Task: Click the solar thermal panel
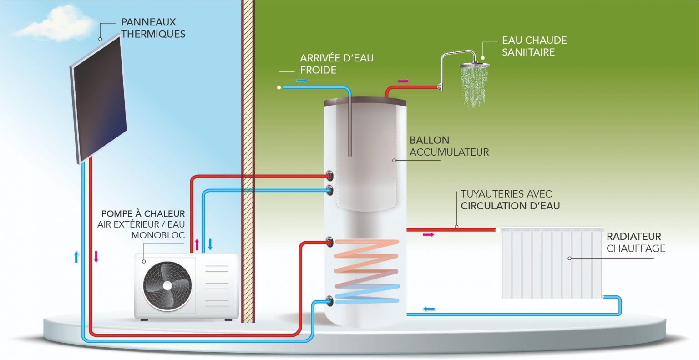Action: [99, 100]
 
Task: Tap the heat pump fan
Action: [167, 285]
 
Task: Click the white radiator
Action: [552, 263]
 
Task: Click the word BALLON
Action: [429, 140]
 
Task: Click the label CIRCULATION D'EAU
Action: [510, 206]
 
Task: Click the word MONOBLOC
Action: [158, 235]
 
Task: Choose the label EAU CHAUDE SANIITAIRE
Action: [534, 46]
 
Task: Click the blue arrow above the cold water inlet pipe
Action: [302, 81]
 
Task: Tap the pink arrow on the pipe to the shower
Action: [403, 81]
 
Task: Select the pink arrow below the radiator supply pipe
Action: [428, 235]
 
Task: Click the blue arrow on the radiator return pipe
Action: [428, 309]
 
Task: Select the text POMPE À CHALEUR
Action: [143, 213]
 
